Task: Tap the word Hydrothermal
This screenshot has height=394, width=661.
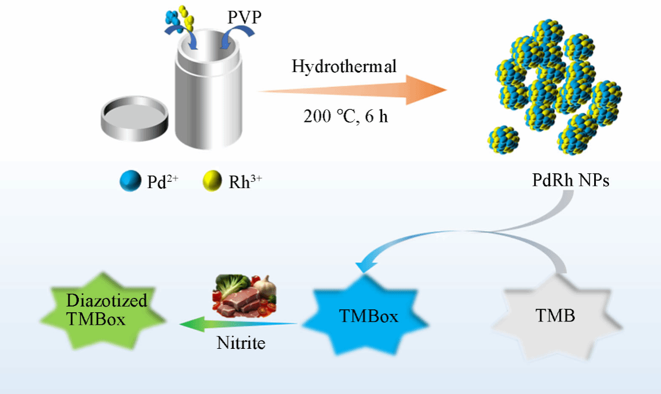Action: tap(344, 66)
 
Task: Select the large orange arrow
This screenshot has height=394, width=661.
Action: tap(355, 91)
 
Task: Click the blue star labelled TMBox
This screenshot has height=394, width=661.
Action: tap(368, 316)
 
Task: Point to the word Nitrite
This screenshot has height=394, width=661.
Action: tap(241, 343)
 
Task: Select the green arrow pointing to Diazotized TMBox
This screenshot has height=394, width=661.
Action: tap(237, 325)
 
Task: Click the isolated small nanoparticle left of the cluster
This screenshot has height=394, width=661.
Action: tap(504, 140)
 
